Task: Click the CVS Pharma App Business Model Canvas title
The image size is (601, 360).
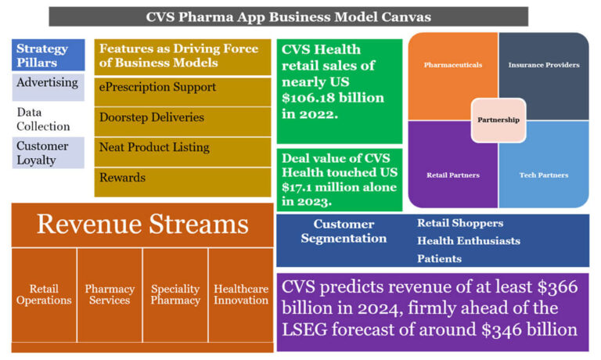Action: tap(288, 16)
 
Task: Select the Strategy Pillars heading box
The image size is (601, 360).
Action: tap(49, 55)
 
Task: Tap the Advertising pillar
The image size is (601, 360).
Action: tap(48, 83)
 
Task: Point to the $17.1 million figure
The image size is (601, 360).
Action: tap(339, 187)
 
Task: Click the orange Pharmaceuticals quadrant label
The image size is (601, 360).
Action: tap(453, 65)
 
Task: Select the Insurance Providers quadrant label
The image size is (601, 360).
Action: tap(544, 65)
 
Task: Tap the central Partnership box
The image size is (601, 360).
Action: tap(498, 120)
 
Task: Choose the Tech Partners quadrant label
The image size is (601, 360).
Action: tap(544, 175)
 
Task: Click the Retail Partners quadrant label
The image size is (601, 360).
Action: tap(454, 175)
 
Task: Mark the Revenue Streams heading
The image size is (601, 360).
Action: tap(142, 225)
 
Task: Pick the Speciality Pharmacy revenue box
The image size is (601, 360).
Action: tap(175, 294)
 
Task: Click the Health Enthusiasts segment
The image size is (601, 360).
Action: tap(468, 241)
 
